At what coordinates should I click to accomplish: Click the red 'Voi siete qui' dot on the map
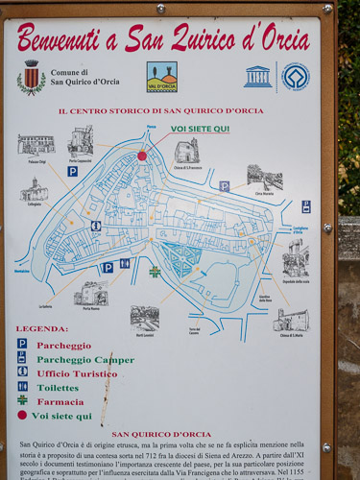pos(142,156)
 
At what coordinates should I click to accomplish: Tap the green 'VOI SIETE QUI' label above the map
pos(200,129)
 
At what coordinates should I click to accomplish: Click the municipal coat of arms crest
pos(31,77)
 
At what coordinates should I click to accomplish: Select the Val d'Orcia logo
pos(161,77)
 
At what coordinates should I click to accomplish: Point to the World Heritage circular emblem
pos(295,77)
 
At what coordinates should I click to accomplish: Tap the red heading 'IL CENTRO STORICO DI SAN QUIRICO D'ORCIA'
pos(160,111)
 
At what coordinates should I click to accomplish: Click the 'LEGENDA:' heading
pos(41,328)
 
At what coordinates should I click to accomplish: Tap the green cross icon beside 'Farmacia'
pos(22,400)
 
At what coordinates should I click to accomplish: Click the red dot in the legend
pos(22,415)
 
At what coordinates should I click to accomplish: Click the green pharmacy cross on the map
pos(155,272)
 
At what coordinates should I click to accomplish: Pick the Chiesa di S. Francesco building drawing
pos(186,151)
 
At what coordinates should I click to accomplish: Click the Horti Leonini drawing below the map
pos(145,318)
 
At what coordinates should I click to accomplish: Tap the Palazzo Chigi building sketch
pos(36,144)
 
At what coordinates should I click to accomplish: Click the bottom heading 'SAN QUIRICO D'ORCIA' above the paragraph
pos(160,434)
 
